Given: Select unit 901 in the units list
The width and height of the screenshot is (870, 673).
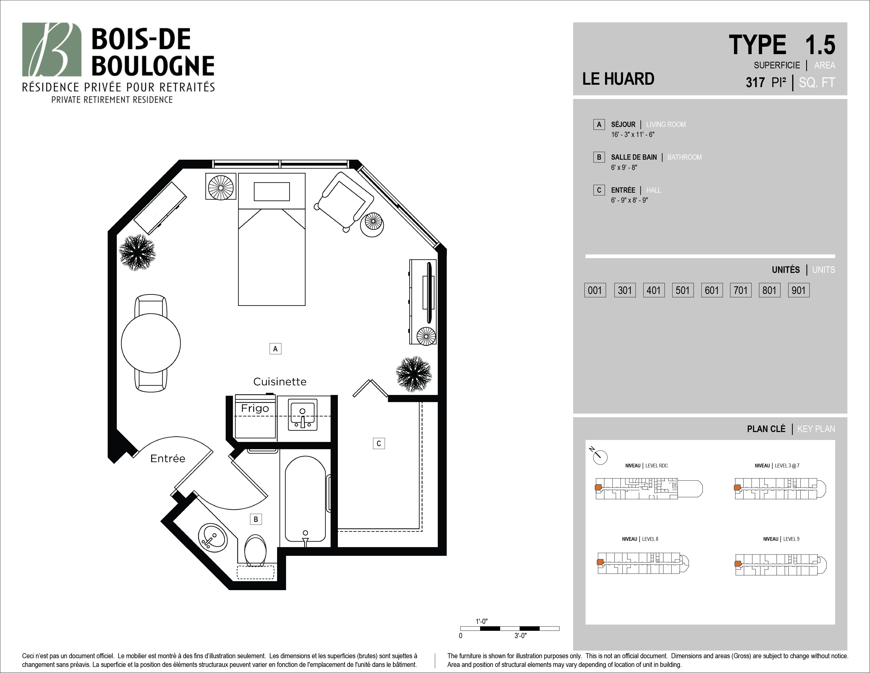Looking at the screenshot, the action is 799,290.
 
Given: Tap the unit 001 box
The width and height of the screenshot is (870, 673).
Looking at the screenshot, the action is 595,290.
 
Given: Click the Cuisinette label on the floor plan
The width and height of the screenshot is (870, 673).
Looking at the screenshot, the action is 280,382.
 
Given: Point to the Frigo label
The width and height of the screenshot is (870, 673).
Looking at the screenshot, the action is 255,409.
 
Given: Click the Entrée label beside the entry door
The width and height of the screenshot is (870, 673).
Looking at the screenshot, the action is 168,458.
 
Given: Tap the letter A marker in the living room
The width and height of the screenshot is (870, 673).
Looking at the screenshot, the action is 275,349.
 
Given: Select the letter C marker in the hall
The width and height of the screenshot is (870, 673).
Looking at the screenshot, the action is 379,443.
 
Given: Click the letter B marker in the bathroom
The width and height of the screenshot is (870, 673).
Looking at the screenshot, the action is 256,519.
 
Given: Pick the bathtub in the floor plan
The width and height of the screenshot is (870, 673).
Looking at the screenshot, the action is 306,499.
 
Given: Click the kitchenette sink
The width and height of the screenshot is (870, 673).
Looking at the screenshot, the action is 303,416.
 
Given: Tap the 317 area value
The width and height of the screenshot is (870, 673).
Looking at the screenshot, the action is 755,83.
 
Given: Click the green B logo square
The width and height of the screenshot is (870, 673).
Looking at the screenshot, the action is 52,49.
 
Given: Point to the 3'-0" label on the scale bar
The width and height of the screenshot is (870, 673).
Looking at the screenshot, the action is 520,636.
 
